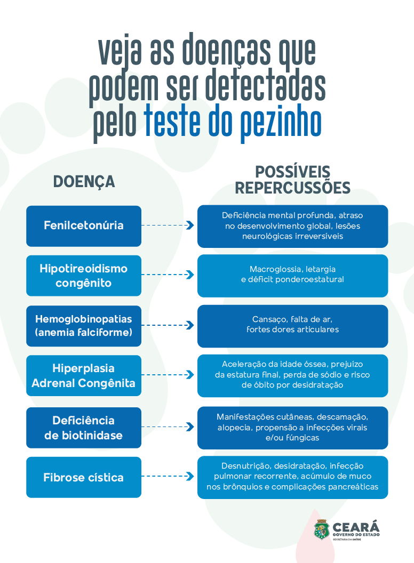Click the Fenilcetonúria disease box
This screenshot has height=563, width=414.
coord(84,226)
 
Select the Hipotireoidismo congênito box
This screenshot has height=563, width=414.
coord(84,276)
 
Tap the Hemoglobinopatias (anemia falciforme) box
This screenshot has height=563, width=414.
coord(84,326)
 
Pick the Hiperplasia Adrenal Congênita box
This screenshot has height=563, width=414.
coord(84,375)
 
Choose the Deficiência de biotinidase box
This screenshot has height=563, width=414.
coord(84,428)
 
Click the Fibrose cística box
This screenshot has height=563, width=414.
coord(84,477)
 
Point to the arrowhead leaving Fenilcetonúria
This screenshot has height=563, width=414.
coord(190,225)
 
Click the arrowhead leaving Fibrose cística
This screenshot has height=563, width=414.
coord(190,476)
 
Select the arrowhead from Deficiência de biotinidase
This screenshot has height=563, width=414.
coord(190,427)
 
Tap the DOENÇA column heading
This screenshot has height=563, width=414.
coord(84,182)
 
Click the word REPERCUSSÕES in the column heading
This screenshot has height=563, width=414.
coord(292,188)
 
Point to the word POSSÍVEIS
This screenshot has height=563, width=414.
coord(292,172)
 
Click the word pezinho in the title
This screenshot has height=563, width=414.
coord(281,123)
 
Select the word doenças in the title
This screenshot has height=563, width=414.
coord(226,51)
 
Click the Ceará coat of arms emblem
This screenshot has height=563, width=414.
coord(322,529)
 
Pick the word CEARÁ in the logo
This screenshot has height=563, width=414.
coord(356,527)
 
